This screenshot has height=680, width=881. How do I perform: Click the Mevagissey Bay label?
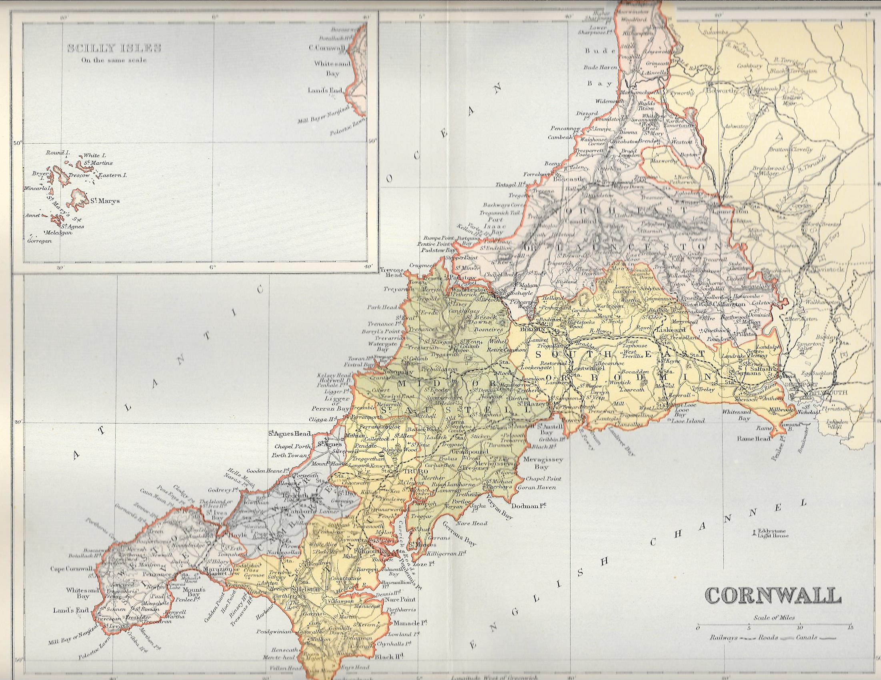pos(537,463)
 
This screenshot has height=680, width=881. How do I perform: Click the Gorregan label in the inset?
pos(40,241)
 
